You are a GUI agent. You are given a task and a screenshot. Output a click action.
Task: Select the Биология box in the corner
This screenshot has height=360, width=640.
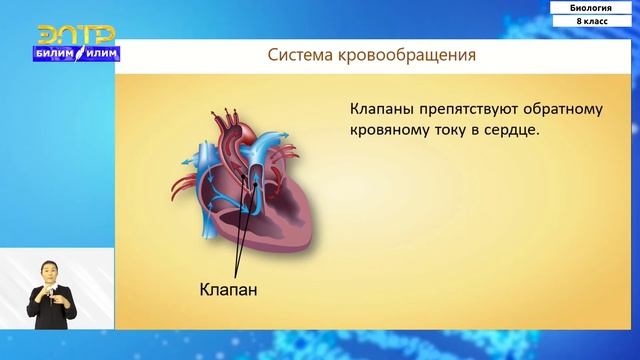[x=593, y=6]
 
